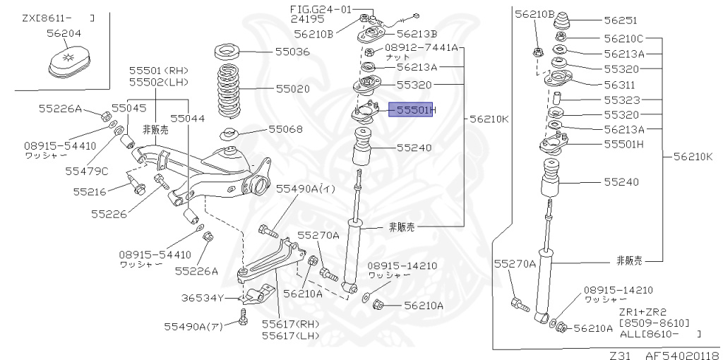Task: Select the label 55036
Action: coord(292,52)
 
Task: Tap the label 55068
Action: coord(285,129)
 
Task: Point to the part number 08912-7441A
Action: coord(421,48)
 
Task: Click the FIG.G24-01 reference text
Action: coord(320,9)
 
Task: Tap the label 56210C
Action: coord(623,39)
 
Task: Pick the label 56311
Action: coord(620,84)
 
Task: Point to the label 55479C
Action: coord(87,170)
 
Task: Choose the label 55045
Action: coord(129,108)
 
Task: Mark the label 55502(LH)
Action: coord(158,82)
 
